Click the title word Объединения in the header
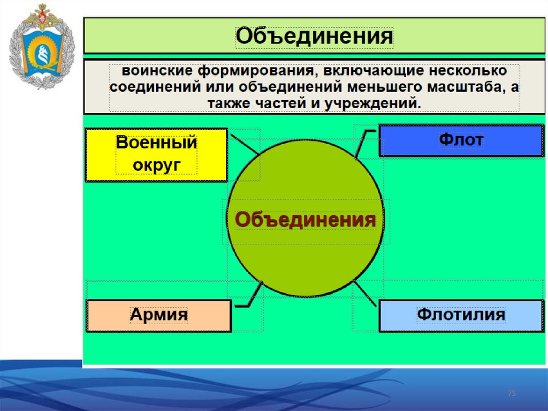click(315, 37)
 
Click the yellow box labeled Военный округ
click(156, 155)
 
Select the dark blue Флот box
click(461, 140)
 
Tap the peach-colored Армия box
click(158, 315)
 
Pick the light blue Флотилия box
click(461, 315)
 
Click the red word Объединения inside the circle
click(306, 220)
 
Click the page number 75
click(512, 394)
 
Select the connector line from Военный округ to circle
click(245, 144)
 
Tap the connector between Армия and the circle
click(253, 298)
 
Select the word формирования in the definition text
click(248, 71)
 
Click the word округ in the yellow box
click(156, 165)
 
